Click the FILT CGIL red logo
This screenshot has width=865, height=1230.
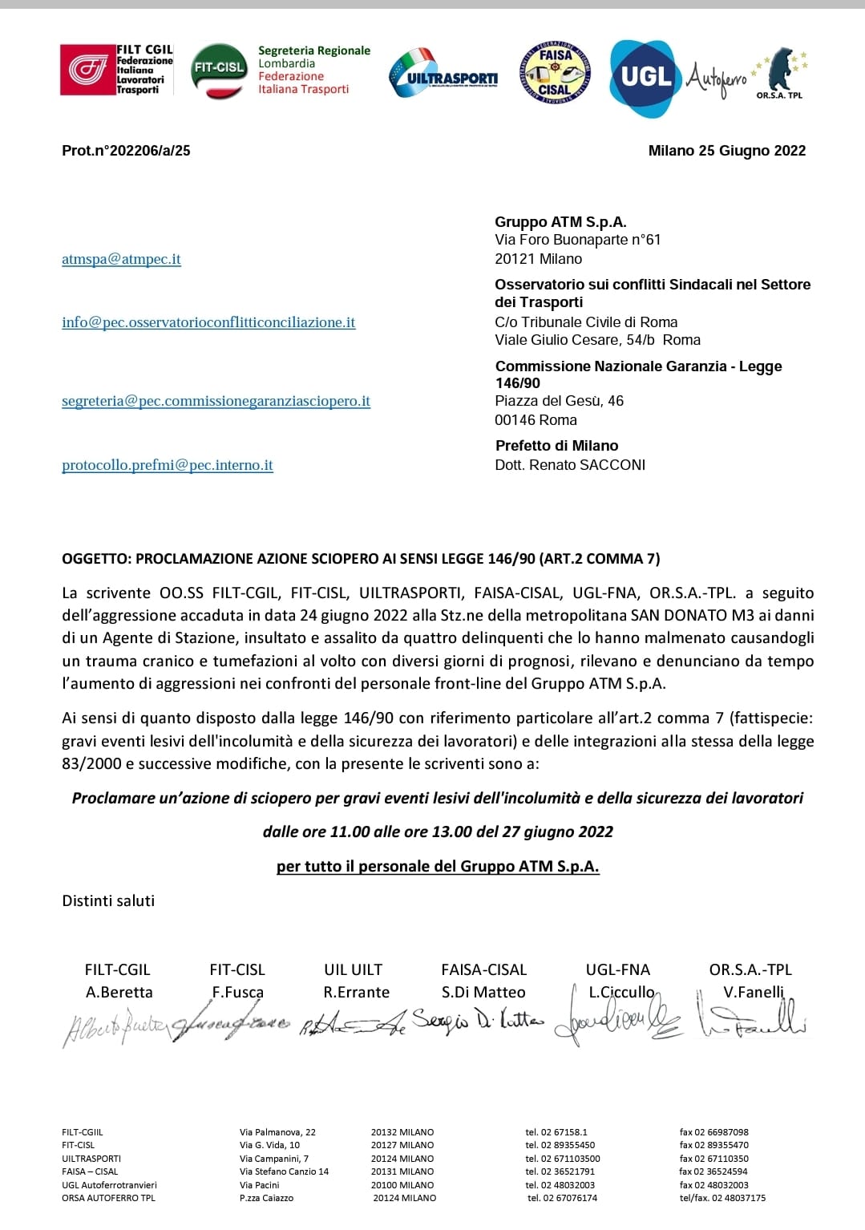click(x=87, y=70)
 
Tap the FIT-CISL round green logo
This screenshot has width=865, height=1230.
click(x=219, y=70)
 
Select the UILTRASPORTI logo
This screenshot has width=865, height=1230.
click(x=443, y=74)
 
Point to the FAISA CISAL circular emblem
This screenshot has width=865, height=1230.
click(x=555, y=73)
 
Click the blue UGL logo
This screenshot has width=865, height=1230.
click(x=645, y=76)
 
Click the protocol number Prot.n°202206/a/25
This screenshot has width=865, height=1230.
click(x=126, y=151)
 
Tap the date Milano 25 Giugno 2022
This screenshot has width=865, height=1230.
click(x=726, y=151)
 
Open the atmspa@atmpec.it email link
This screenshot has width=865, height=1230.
click(x=121, y=259)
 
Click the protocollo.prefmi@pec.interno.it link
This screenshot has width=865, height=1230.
click(x=168, y=465)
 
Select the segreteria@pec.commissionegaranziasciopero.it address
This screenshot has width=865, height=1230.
click(x=216, y=401)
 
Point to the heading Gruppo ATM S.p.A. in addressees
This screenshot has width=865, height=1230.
click(x=560, y=222)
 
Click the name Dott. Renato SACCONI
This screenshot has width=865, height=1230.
click(x=570, y=465)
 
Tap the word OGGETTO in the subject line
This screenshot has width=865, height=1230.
click(x=96, y=559)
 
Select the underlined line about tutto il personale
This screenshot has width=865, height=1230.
click(x=438, y=866)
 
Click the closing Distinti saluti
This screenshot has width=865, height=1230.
click(x=108, y=900)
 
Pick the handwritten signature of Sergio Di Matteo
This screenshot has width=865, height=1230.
click(x=478, y=1022)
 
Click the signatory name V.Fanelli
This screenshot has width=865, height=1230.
click(x=753, y=992)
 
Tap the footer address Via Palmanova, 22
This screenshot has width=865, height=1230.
click(x=277, y=1132)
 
